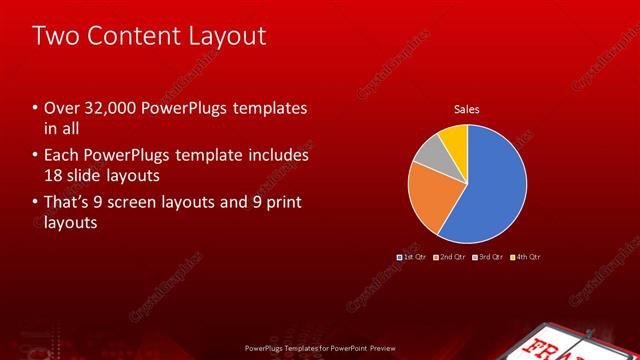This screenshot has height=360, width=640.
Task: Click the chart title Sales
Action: click(467, 108)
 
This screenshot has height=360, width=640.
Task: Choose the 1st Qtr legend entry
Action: click(412, 257)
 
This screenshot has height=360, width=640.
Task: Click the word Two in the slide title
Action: click(52, 36)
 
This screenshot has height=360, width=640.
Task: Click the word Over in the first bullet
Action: click(61, 108)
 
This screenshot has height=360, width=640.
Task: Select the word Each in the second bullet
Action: click(62, 155)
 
